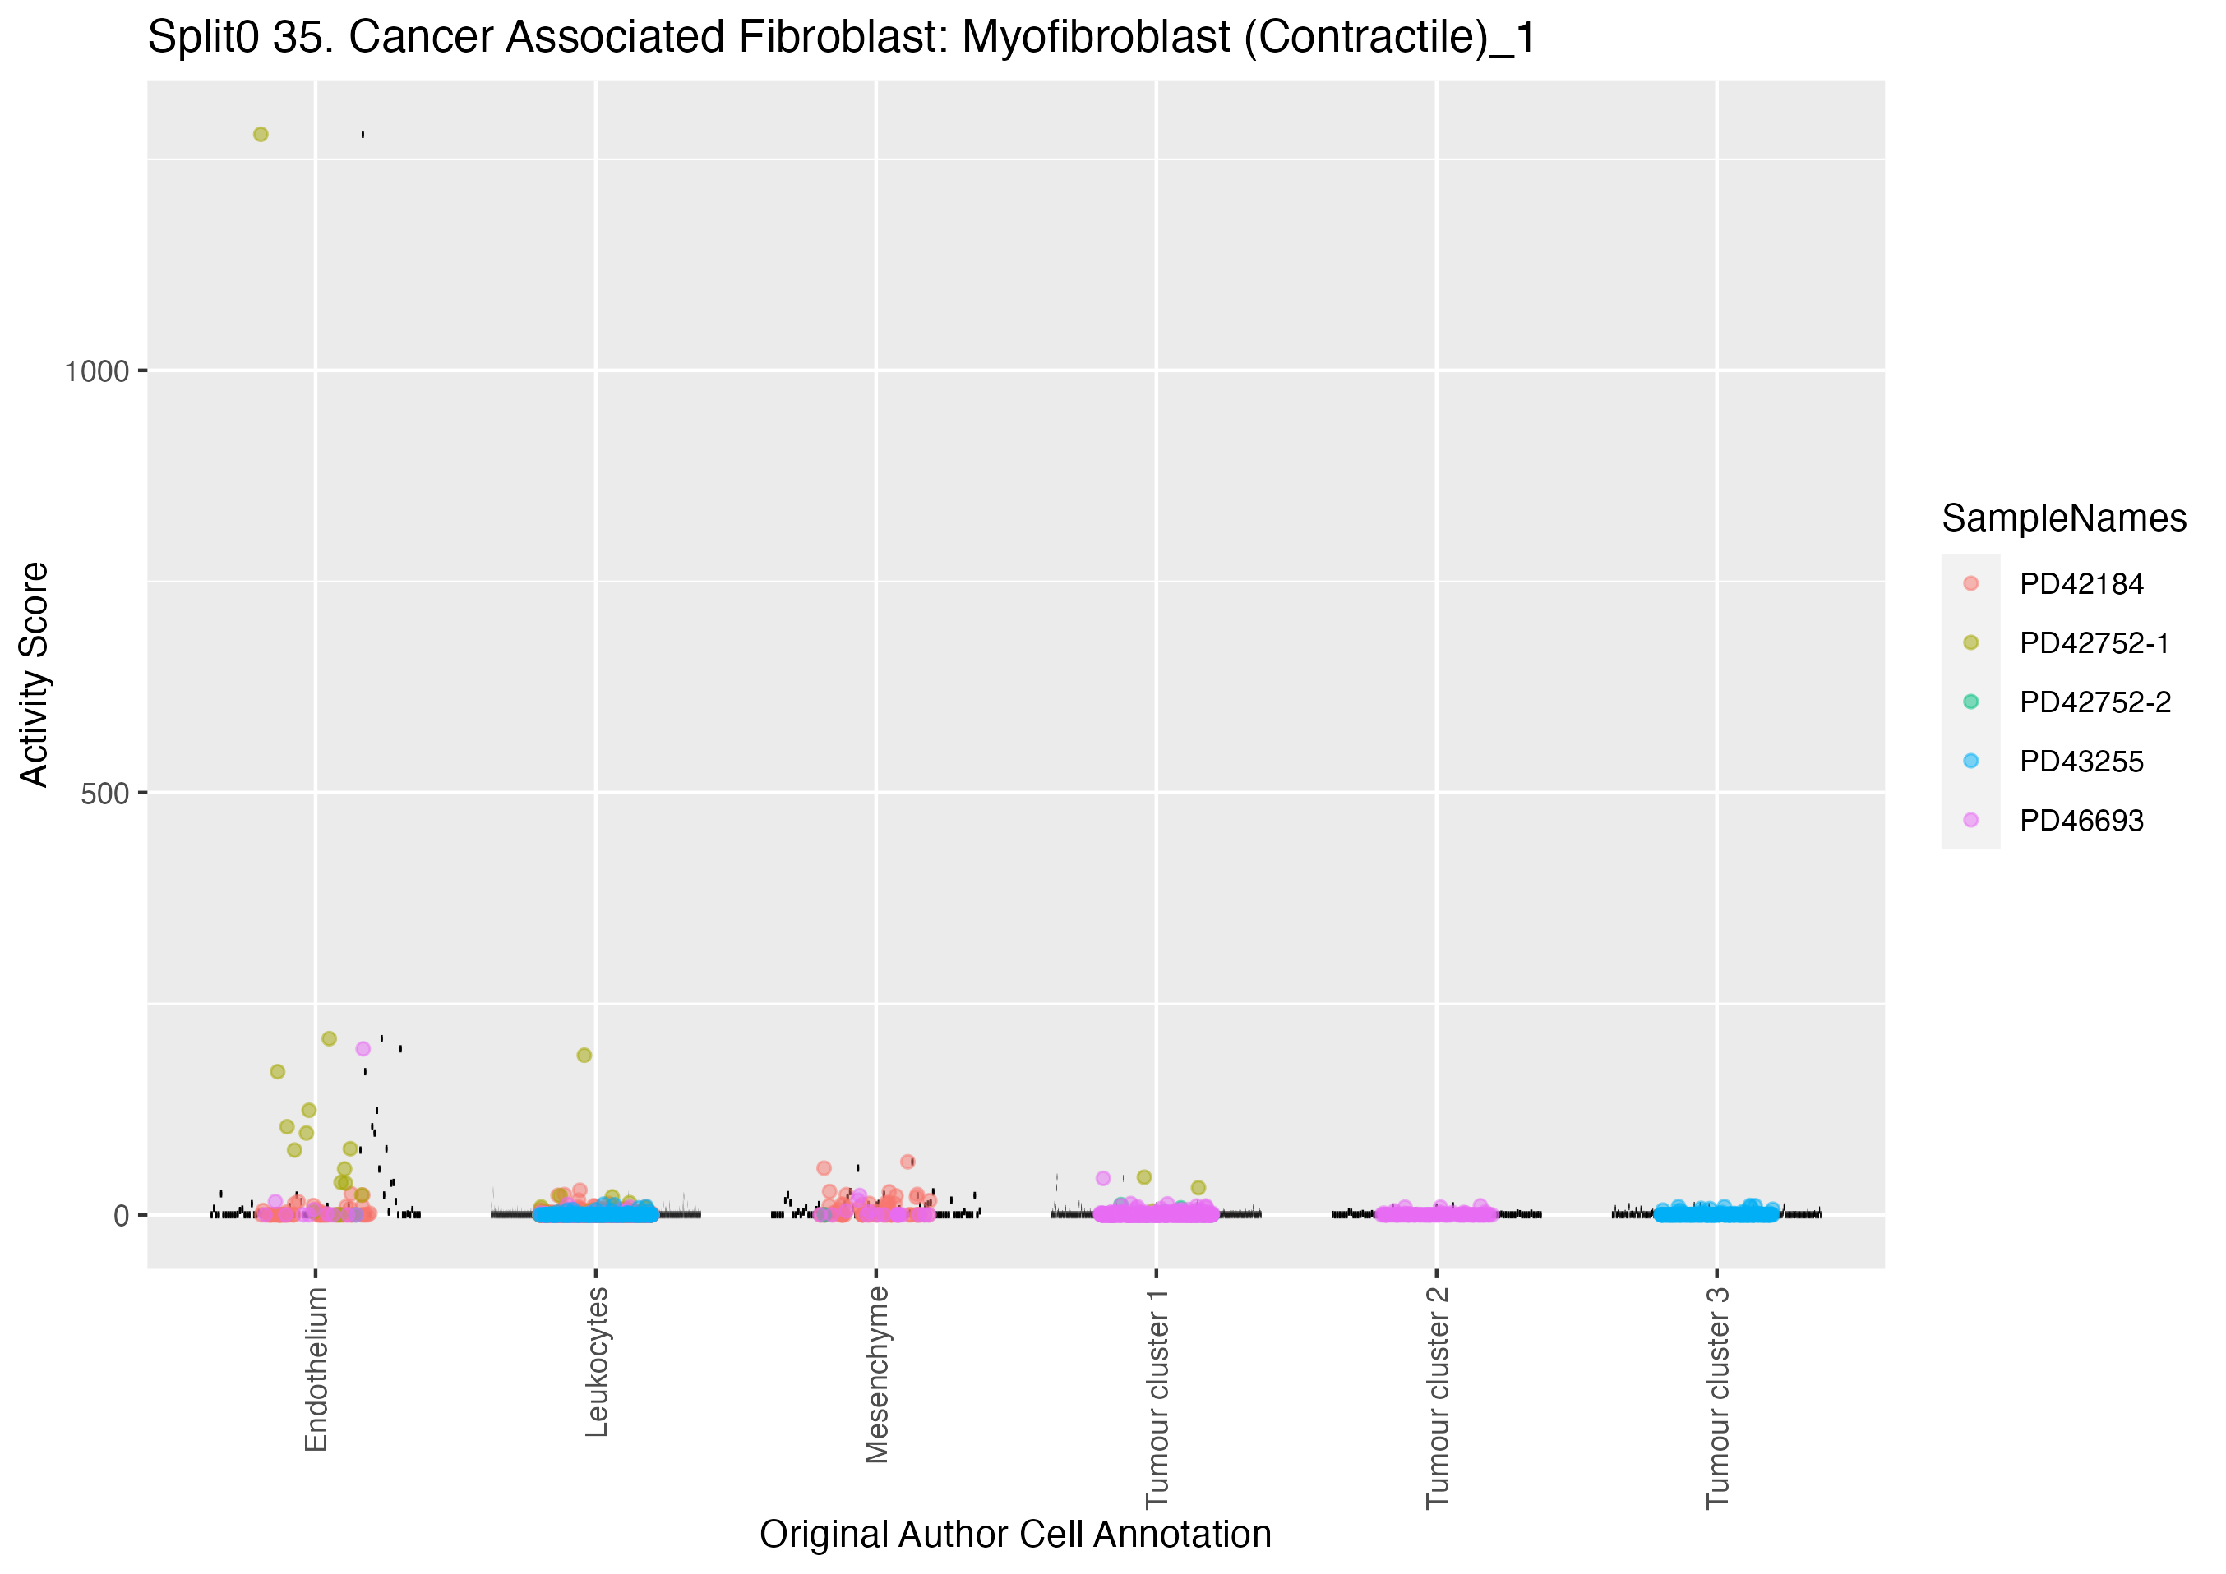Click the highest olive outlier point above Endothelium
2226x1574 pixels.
pyautogui.click(x=261, y=135)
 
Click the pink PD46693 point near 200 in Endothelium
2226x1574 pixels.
pyautogui.click(x=363, y=1049)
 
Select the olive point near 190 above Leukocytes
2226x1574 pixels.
pyautogui.click(x=584, y=1056)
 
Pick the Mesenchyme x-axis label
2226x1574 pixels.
pyautogui.click(x=877, y=1374)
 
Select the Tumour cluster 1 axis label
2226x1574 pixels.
pyautogui.click(x=1157, y=1397)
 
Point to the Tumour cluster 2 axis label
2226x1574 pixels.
pyautogui.click(x=1438, y=1397)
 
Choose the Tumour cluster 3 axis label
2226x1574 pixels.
pyautogui.click(x=1718, y=1397)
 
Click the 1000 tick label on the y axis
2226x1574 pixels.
pyautogui.click(x=97, y=371)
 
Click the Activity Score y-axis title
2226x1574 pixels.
pyautogui.click(x=35, y=674)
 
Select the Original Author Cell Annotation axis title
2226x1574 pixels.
pyautogui.click(x=1015, y=1535)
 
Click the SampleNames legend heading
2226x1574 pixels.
pyautogui.click(x=2064, y=518)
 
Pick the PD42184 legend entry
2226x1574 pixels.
pyautogui.click(x=2081, y=584)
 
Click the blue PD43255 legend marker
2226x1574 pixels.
pyautogui.click(x=1971, y=762)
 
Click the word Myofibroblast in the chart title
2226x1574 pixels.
pyautogui.click(x=1095, y=38)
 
